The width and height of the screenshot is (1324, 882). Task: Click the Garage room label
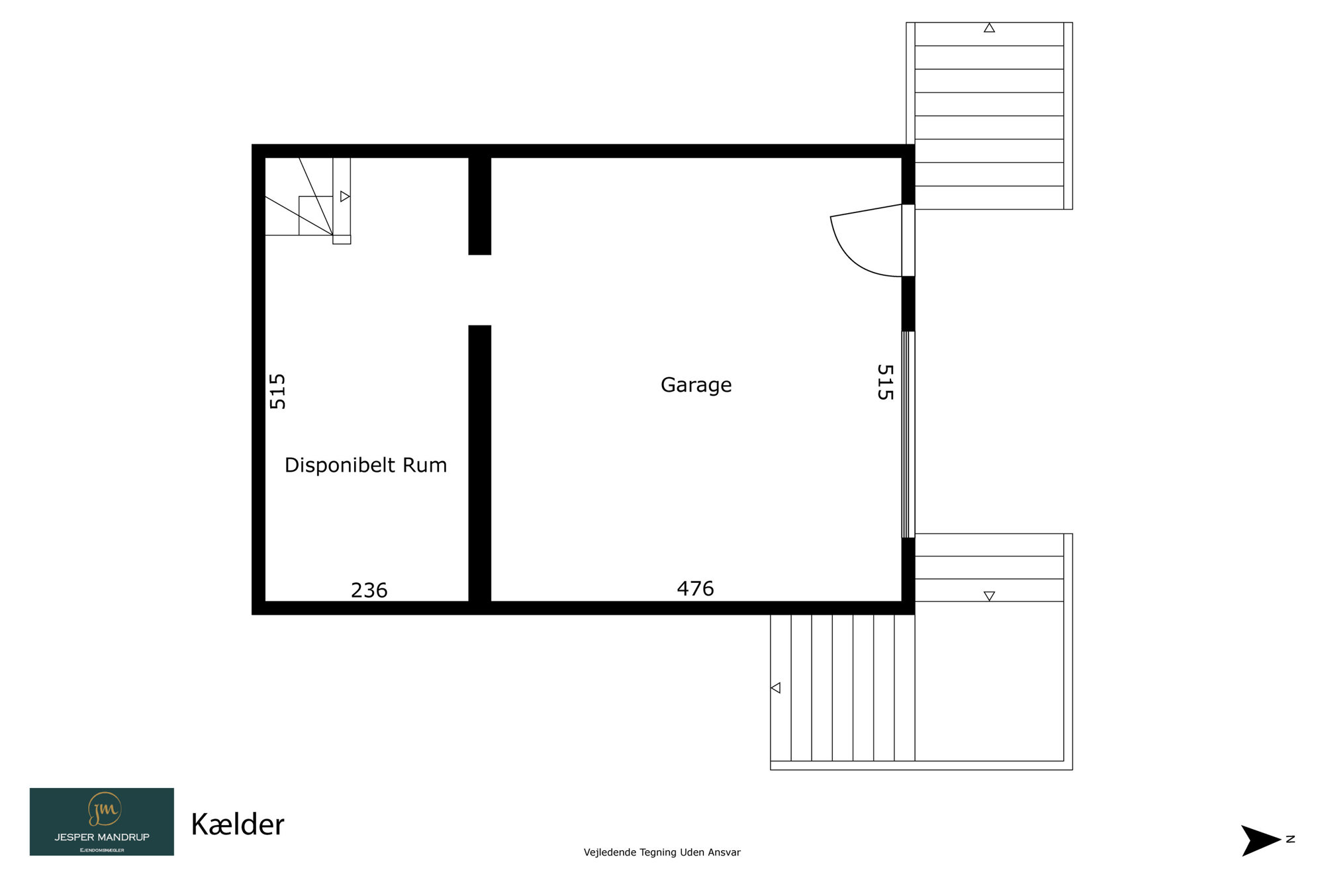696,385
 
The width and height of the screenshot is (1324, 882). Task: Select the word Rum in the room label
425,465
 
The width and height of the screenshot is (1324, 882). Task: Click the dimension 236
369,590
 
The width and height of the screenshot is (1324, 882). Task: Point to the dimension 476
695,588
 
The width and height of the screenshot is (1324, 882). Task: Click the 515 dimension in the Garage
885,382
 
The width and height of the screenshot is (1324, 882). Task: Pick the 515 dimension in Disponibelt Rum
277,391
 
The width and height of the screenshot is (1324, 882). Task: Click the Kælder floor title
237,824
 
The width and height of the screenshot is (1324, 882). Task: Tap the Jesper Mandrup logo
102,821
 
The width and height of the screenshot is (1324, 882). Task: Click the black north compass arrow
1259,840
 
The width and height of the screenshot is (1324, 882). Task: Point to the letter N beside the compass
1290,839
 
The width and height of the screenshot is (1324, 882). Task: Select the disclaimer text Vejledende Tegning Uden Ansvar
662,852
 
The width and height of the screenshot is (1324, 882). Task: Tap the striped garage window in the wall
908,434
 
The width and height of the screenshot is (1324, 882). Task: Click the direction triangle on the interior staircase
345,197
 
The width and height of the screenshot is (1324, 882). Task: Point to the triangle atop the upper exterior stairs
989,28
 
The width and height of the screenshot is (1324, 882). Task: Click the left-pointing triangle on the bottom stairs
776,688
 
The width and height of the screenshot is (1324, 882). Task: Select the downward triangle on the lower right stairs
989,596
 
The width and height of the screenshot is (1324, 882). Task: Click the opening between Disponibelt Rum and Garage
480,290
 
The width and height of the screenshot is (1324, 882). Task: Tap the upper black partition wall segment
480,206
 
